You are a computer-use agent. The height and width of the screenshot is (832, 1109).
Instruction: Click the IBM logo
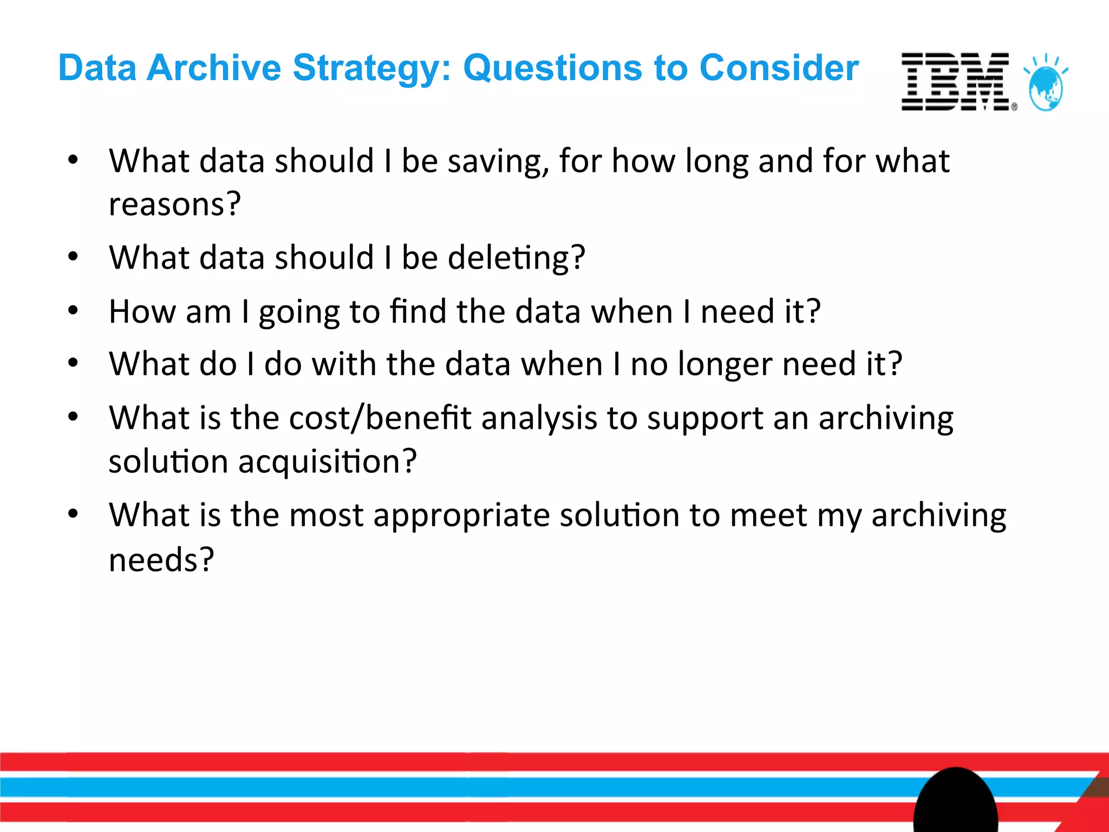point(956,82)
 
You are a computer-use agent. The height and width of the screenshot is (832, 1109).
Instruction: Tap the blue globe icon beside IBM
point(1046,87)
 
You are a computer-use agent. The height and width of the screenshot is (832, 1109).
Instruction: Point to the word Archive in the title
point(214,68)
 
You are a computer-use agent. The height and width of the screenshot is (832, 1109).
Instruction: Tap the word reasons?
point(174,204)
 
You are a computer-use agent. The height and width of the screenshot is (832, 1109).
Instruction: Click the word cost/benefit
point(380,419)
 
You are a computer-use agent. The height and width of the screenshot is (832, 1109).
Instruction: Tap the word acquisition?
point(327,462)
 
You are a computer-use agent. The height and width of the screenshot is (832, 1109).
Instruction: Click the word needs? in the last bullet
point(161,560)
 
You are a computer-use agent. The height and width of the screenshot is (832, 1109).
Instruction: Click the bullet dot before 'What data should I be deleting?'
point(73,257)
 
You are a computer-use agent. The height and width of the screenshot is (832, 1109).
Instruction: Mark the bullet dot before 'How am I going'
point(73,310)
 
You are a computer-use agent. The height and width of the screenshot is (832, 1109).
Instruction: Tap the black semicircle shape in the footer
point(956,802)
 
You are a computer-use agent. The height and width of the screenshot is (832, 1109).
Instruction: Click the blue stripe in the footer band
point(433,787)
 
